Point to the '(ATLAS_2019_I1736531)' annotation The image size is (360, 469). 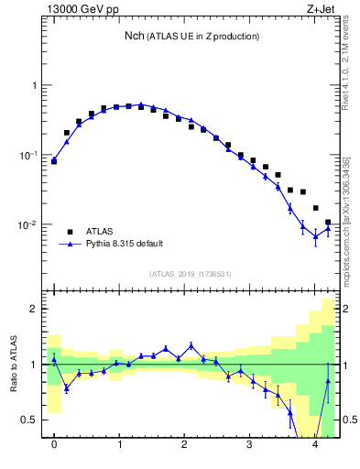click(189, 274)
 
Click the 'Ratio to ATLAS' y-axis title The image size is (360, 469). click(13, 364)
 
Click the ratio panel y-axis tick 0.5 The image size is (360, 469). click(33, 420)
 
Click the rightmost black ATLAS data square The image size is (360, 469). click(328, 222)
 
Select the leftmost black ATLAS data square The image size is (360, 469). click(54, 160)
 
